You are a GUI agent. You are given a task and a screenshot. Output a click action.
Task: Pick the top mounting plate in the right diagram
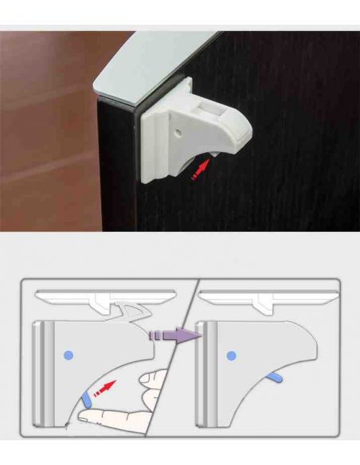[267, 295]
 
